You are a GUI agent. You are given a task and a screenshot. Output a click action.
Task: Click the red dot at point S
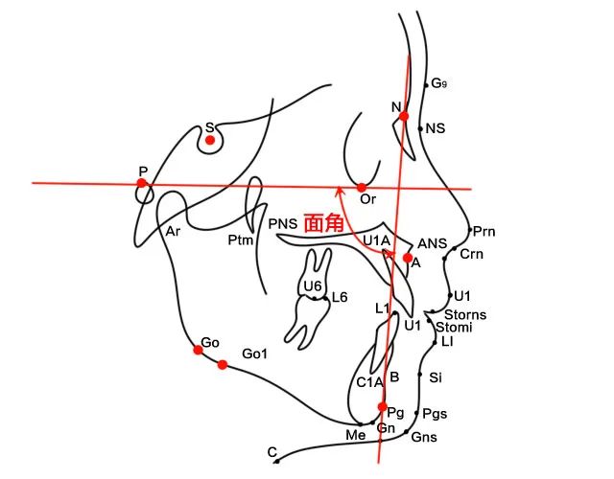[x=209, y=140]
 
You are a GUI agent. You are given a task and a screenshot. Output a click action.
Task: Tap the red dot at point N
[x=404, y=116]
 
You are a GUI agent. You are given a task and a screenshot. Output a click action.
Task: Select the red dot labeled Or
[x=362, y=187]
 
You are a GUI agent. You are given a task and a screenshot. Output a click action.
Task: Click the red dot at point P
[x=142, y=182]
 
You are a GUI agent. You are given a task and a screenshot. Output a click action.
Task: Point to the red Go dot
[x=198, y=350]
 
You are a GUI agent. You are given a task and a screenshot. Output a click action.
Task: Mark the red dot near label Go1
[x=223, y=364]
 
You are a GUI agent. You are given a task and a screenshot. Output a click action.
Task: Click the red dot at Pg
[x=383, y=407]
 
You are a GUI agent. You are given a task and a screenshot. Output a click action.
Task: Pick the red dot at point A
[x=408, y=258]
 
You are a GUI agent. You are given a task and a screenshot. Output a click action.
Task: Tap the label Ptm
[x=240, y=239]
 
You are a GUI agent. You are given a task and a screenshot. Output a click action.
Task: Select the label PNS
[x=282, y=223]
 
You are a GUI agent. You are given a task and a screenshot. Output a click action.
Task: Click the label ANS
[x=431, y=244]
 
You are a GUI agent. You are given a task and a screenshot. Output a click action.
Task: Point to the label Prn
[x=484, y=232]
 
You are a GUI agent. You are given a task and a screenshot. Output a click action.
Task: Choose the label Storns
[x=466, y=314]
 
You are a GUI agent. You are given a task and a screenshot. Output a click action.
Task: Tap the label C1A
[x=370, y=382]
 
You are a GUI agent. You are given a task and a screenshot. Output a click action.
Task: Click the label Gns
[x=423, y=437]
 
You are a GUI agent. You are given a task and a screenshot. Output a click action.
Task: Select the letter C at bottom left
[x=272, y=451]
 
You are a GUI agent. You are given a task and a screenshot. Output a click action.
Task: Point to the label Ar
[x=173, y=232]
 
